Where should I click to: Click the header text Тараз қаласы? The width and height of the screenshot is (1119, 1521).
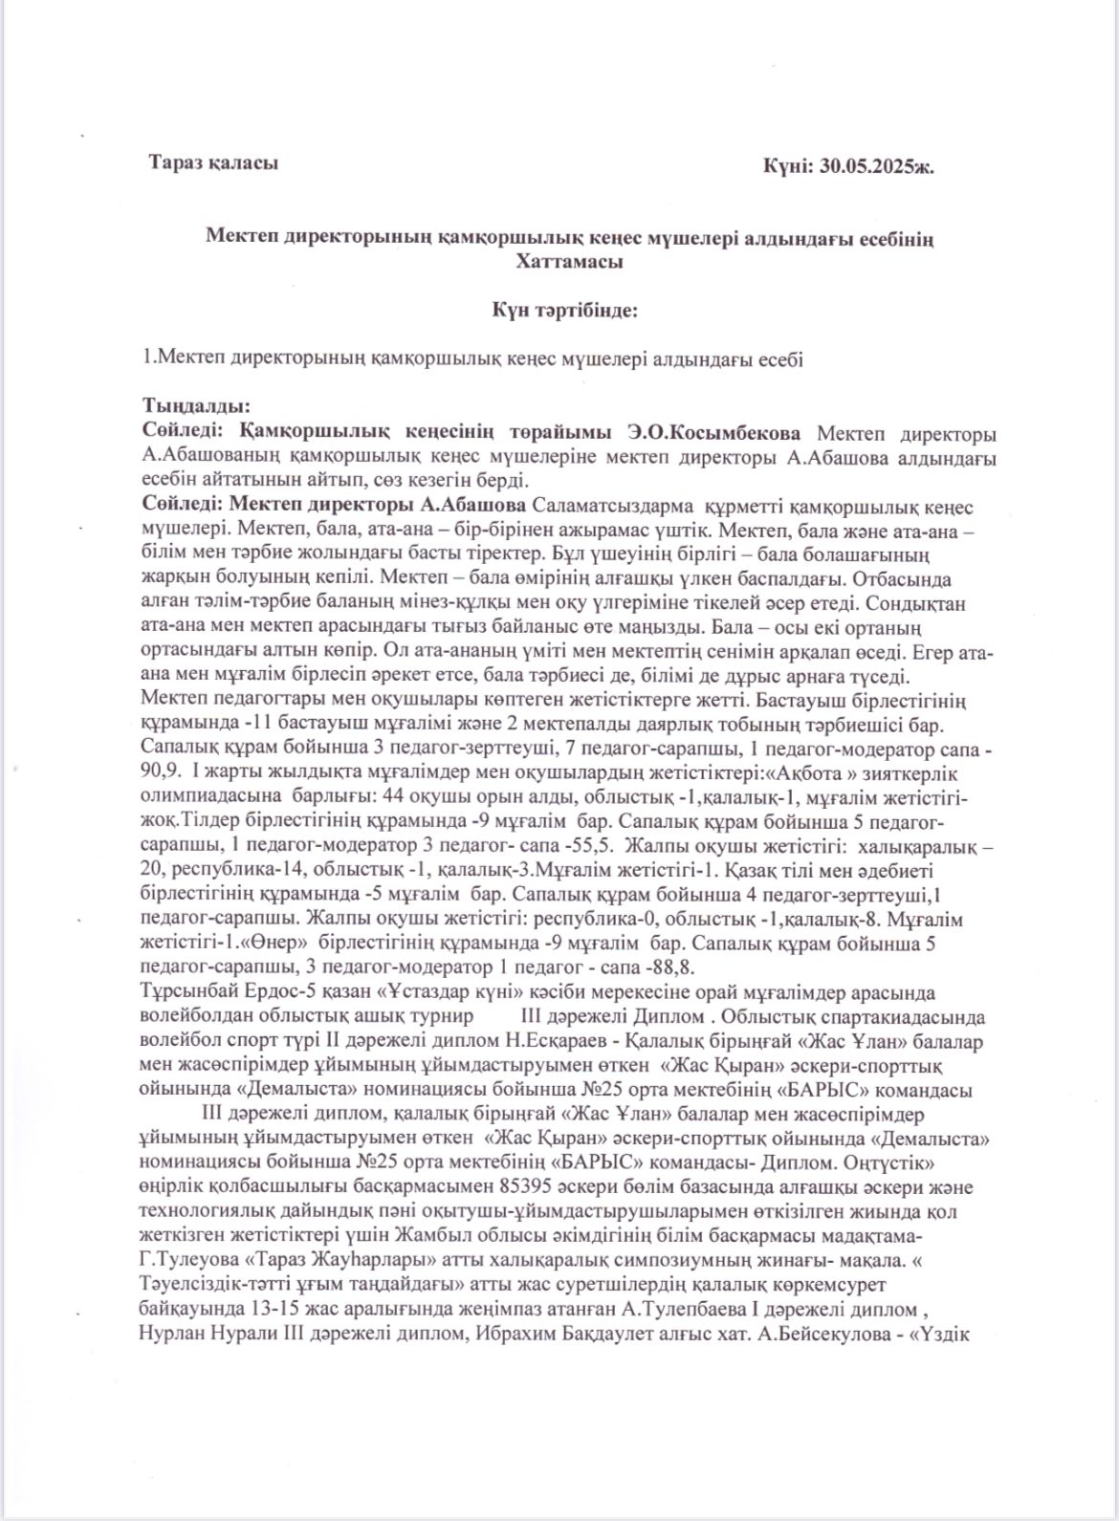[x=213, y=163]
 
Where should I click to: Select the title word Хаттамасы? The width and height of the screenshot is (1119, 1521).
[x=569, y=261]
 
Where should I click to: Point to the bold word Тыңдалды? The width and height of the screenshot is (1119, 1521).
[x=196, y=405]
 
